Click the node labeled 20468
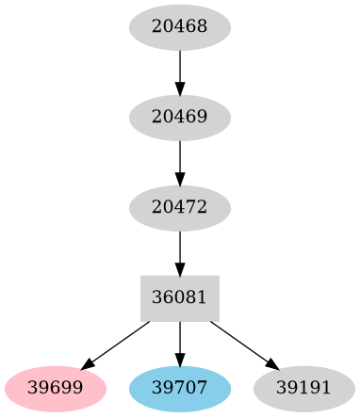(x=180, y=27)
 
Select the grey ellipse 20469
(x=180, y=118)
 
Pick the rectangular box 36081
(x=180, y=297)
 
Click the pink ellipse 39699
(x=54, y=388)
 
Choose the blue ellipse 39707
(x=180, y=388)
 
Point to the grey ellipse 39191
(x=304, y=388)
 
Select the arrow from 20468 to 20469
(x=180, y=71)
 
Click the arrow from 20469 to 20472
(x=180, y=161)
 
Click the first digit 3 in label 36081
(x=156, y=297)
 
